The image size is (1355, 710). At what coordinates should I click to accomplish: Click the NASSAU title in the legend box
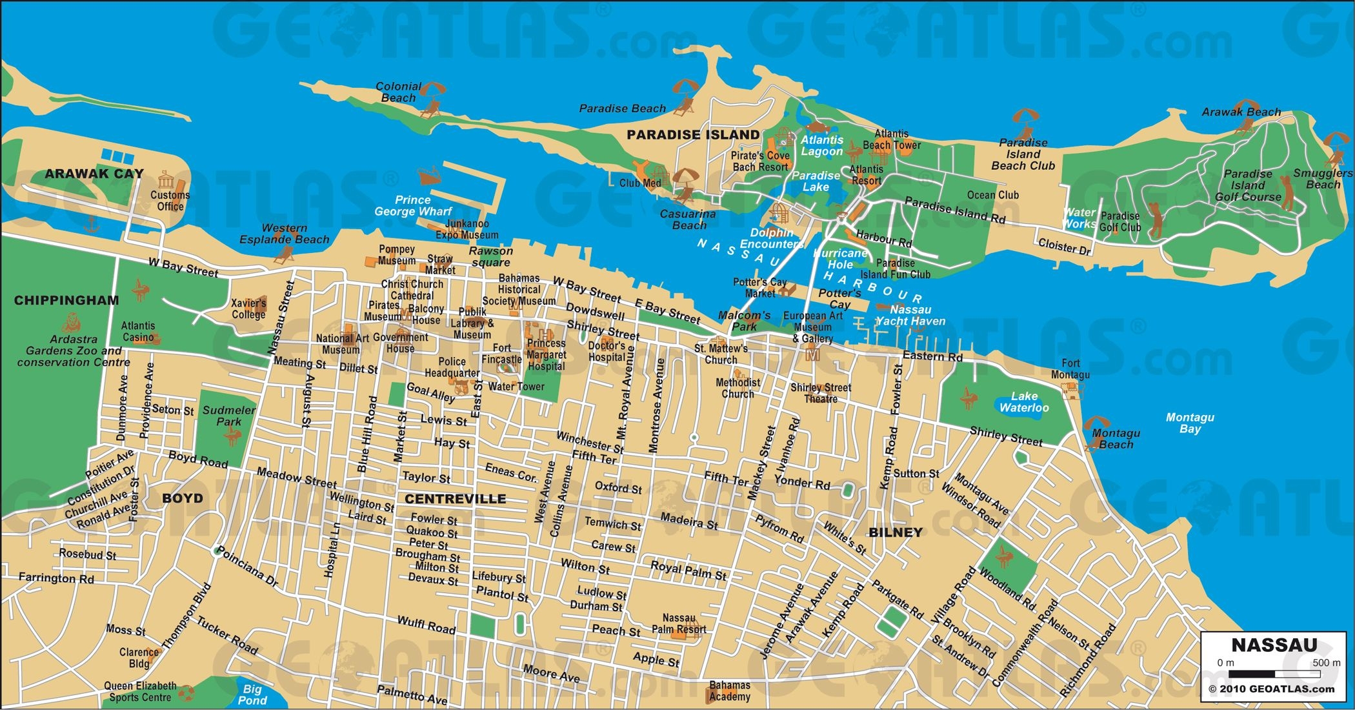[x=1274, y=645]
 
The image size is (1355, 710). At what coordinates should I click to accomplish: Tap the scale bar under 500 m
[x=1274, y=674]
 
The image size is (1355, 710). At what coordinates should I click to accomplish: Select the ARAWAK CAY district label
[x=94, y=174]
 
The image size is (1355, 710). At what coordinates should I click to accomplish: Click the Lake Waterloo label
[x=1024, y=401]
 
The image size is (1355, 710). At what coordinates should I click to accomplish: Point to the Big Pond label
[x=252, y=695]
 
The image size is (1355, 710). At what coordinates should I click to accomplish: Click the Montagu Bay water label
[x=1190, y=423]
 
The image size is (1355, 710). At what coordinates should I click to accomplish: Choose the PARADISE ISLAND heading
[x=693, y=135]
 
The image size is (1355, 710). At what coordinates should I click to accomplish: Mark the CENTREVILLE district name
[x=456, y=499]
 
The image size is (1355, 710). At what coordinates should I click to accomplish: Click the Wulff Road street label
[x=426, y=625]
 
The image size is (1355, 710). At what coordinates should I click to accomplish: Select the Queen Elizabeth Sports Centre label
[x=140, y=691]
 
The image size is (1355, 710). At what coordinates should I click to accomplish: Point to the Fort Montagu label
[x=1070, y=369]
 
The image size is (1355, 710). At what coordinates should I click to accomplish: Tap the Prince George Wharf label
[x=413, y=205]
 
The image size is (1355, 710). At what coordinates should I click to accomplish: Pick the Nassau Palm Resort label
[x=678, y=624]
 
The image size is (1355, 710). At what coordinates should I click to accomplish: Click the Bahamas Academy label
[x=729, y=691]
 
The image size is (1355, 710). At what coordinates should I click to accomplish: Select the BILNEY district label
[x=896, y=532]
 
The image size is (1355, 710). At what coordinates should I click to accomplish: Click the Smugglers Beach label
[x=1323, y=179]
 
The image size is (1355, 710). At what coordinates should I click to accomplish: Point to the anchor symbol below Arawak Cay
[x=92, y=225]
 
